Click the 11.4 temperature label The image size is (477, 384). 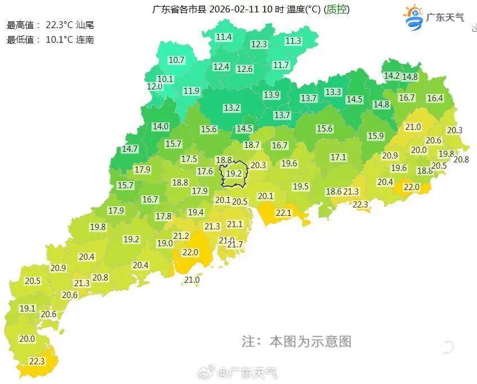click(224, 37)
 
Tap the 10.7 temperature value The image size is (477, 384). click(177, 60)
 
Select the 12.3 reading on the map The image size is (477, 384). click(259, 44)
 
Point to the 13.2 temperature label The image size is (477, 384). click(231, 107)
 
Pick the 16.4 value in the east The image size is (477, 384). click(435, 98)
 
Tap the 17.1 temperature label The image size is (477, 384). click(338, 157)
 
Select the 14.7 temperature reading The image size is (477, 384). click(130, 149)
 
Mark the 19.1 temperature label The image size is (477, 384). click(27, 308)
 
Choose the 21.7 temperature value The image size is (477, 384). click(234, 244)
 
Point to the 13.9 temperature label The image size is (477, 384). click(271, 94)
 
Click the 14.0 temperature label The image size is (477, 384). click(161, 127)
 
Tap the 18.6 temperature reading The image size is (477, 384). click(333, 191)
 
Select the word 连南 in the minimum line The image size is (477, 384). click(85, 39)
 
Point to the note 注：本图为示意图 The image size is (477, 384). click(296, 341)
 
